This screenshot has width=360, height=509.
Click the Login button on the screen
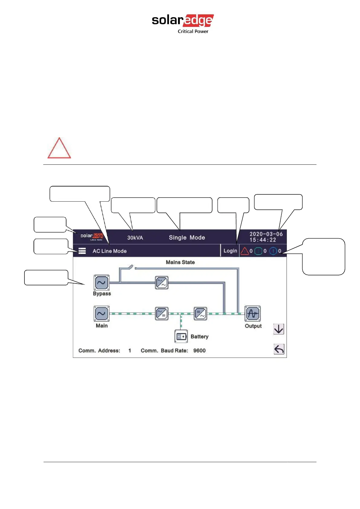click(x=230, y=251)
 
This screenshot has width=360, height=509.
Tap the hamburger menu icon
click(x=82, y=251)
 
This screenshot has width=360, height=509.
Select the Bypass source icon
click(x=102, y=283)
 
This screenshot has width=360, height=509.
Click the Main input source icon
click(x=102, y=313)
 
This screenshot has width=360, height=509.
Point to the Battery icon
click(x=181, y=336)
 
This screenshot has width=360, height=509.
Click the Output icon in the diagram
click(x=252, y=314)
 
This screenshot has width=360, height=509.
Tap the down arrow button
click(x=279, y=329)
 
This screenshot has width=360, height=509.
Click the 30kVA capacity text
click(x=135, y=238)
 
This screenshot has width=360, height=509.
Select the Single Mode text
click(x=187, y=238)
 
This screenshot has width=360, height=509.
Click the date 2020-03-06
click(x=266, y=234)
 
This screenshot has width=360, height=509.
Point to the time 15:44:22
click(x=263, y=240)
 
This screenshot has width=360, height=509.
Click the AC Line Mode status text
click(x=109, y=251)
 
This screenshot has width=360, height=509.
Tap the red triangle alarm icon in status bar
click(x=245, y=251)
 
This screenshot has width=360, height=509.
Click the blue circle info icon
click(x=273, y=251)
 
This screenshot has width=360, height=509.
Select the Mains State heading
click(x=180, y=262)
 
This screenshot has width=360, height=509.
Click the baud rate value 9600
click(x=199, y=351)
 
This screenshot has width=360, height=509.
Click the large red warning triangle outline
click(x=59, y=148)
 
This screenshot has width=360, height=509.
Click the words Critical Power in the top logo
click(x=193, y=31)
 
